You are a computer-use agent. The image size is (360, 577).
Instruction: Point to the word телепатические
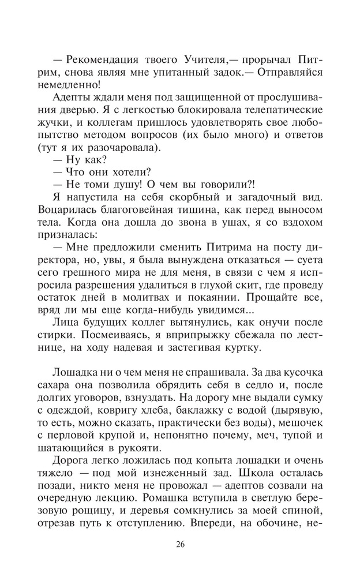coord(282,110)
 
